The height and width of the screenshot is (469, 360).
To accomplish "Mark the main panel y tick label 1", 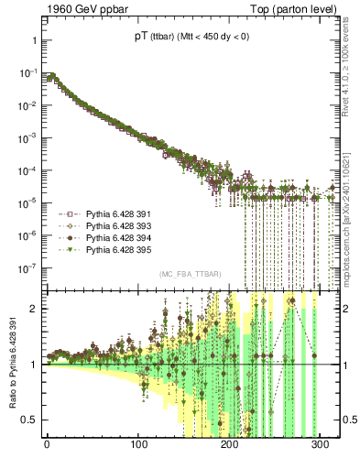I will click(32, 41).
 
